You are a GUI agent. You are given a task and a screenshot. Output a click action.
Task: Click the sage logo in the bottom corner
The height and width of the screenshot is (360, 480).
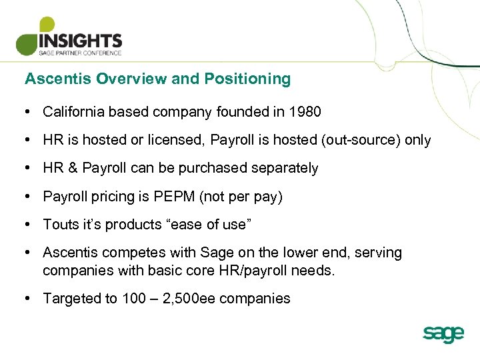[443, 333]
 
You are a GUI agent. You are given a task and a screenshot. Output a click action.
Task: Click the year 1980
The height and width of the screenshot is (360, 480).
[305, 112]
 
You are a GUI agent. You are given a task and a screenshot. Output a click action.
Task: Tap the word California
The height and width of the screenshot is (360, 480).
[73, 112]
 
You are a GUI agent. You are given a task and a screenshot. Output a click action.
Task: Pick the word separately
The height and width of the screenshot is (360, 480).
[285, 169]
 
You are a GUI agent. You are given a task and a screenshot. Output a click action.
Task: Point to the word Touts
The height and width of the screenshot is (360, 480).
[59, 225]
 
